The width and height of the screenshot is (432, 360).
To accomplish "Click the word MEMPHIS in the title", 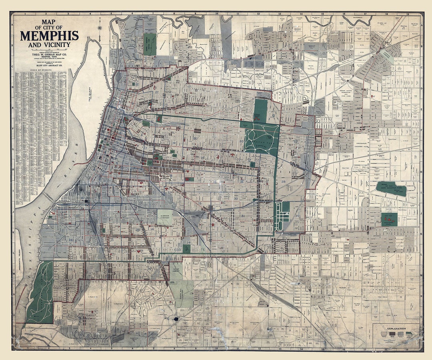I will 50,36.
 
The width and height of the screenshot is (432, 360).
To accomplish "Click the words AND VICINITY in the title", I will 50,44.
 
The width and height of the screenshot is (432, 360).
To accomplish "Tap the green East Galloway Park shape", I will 391,188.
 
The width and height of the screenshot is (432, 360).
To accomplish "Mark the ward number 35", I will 70,270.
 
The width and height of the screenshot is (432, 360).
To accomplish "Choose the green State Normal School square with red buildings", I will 389,219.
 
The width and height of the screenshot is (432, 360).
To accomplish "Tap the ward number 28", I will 283,182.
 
